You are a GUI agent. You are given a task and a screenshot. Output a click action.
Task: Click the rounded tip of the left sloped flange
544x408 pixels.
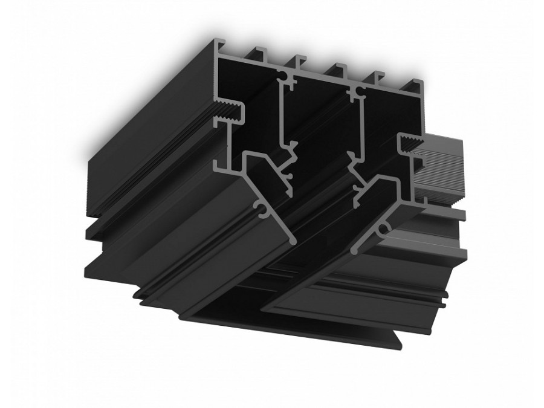pyautogui.click(x=293, y=239)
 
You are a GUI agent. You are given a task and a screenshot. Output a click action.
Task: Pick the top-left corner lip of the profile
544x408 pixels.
pyautogui.click(x=215, y=46)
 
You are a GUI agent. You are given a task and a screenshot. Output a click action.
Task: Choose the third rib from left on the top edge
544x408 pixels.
pyautogui.click(x=299, y=60)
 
